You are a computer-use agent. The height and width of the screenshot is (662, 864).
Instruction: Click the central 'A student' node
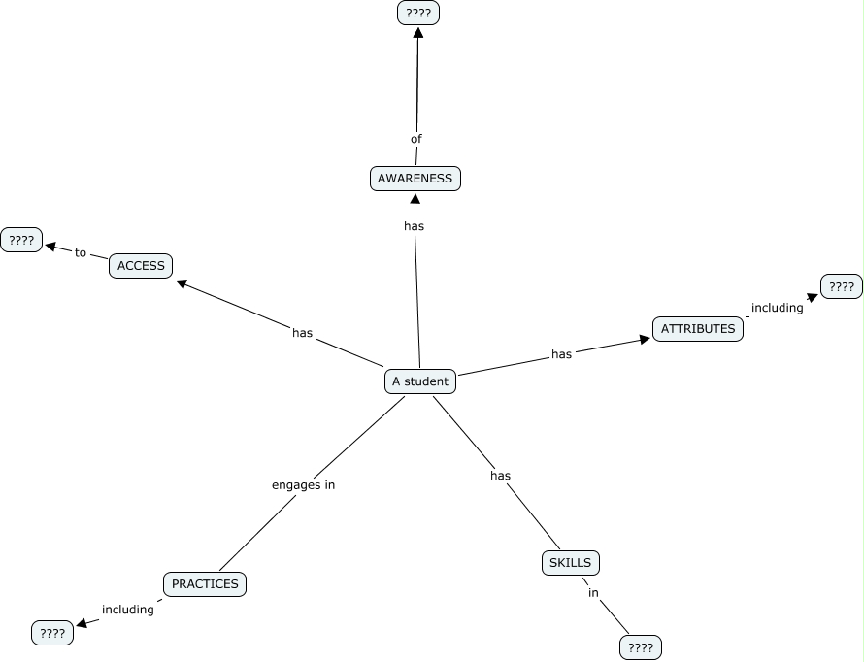(x=419, y=381)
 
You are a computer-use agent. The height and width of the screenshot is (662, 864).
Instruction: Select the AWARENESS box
(x=415, y=179)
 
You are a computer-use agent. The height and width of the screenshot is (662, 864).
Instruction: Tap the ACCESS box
(x=141, y=266)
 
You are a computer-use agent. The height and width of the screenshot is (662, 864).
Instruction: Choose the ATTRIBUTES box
(x=698, y=329)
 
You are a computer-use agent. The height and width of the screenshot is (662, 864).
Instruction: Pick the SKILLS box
(x=570, y=563)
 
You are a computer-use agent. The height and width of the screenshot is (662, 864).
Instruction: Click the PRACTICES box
(x=205, y=584)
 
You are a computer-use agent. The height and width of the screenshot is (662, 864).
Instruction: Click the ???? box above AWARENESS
(x=418, y=14)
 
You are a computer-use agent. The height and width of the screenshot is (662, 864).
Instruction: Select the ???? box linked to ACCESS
(x=21, y=241)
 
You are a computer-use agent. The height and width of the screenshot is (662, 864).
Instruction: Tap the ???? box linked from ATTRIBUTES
(x=842, y=286)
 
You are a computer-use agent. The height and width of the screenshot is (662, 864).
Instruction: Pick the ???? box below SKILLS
(x=640, y=647)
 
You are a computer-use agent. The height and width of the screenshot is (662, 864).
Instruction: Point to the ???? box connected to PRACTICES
(x=52, y=634)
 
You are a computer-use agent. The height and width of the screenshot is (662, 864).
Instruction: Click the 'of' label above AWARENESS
(x=416, y=139)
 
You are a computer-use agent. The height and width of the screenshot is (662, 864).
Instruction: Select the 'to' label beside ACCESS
(x=81, y=253)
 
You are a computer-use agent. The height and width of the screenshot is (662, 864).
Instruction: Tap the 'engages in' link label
(x=303, y=484)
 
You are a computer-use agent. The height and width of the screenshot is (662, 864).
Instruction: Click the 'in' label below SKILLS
(x=593, y=593)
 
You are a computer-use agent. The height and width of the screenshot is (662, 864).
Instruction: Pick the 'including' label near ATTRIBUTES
(x=777, y=308)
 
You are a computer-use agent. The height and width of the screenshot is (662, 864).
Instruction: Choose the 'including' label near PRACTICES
(x=128, y=610)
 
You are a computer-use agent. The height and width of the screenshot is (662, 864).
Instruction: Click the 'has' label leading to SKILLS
(x=500, y=476)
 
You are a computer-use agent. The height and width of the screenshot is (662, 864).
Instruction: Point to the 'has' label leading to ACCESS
(x=303, y=333)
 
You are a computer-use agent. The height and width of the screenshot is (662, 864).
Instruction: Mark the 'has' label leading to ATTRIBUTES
(x=562, y=354)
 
